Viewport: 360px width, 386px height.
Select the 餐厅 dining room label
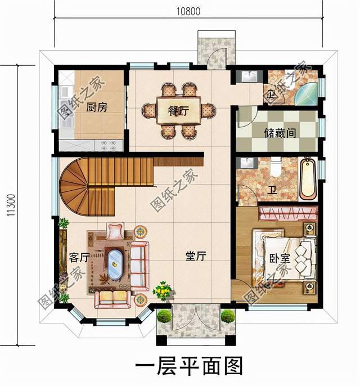(x=178, y=110)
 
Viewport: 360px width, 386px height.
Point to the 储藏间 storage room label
(x=280, y=133)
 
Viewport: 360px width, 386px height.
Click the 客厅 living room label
(x=79, y=257)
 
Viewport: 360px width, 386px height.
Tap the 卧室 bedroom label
(x=280, y=260)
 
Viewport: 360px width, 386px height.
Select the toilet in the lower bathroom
(x=276, y=167)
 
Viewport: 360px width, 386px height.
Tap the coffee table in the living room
(x=115, y=263)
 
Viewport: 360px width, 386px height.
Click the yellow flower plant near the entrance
(x=163, y=291)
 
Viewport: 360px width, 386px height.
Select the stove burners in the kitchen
(x=109, y=145)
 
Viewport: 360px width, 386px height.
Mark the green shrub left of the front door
(x=163, y=316)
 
